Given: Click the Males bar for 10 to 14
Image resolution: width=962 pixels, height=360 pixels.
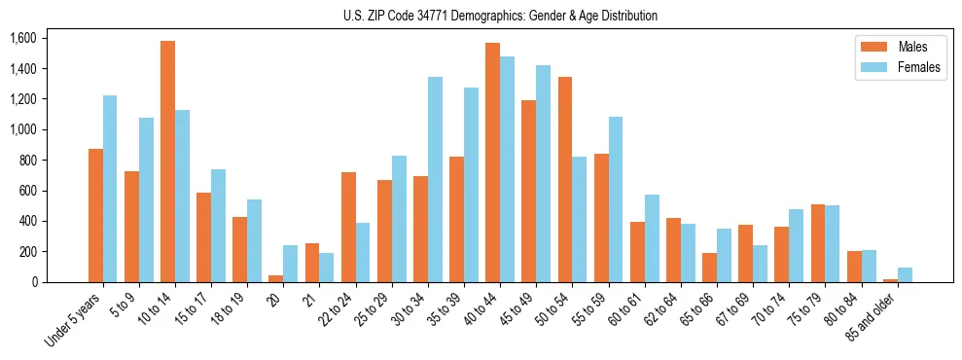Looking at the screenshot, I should [167, 162].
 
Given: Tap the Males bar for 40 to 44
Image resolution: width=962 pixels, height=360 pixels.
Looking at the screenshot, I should [493, 162].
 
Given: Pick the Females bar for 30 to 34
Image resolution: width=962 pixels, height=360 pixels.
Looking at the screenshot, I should [435, 179].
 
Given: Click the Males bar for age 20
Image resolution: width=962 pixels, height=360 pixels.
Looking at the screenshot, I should [275, 278].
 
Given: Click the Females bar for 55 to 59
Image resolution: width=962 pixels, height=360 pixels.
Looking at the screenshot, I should [616, 199].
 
